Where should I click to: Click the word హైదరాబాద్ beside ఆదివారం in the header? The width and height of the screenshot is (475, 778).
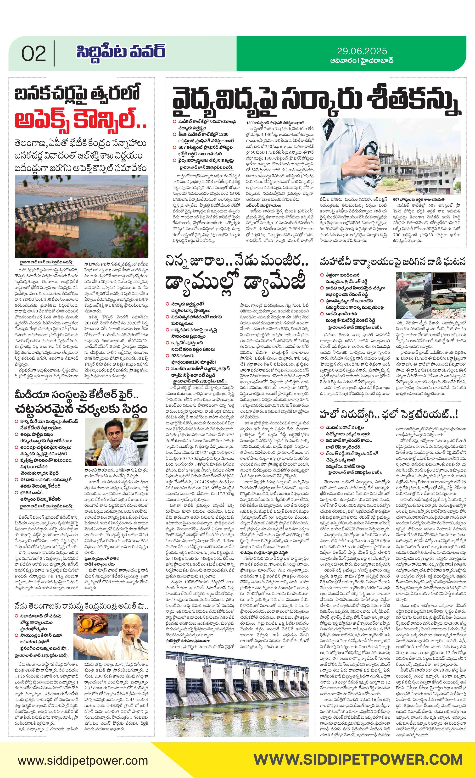point(377,61)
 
